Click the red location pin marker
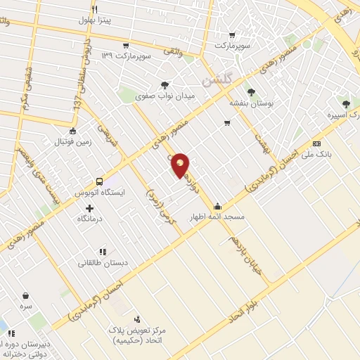click(181, 165)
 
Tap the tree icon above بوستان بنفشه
click(251, 91)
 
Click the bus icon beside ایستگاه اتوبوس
click(99, 181)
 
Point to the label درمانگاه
click(90, 219)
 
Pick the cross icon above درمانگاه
click(89, 208)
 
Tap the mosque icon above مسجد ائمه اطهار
click(217, 206)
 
